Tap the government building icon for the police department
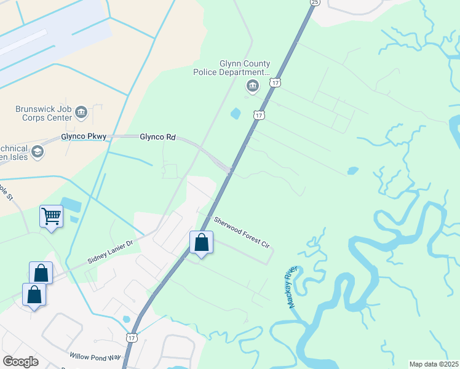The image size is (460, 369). click(252, 87)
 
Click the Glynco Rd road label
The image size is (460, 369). click(158, 137)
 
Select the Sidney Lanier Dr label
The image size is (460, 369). click(110, 252)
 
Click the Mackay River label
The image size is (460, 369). click(291, 287)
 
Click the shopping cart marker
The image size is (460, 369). click(52, 217)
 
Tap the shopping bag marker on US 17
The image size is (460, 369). click(201, 243)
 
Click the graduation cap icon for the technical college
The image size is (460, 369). click(38, 151)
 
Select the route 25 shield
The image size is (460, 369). click(315, 2)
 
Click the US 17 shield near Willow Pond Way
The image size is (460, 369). click(132, 338)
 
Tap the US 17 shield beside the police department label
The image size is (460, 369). click(276, 82)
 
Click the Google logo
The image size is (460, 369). click(20, 361)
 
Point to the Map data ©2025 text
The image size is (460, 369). click(434, 364)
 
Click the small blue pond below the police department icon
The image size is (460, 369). click(235, 113)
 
